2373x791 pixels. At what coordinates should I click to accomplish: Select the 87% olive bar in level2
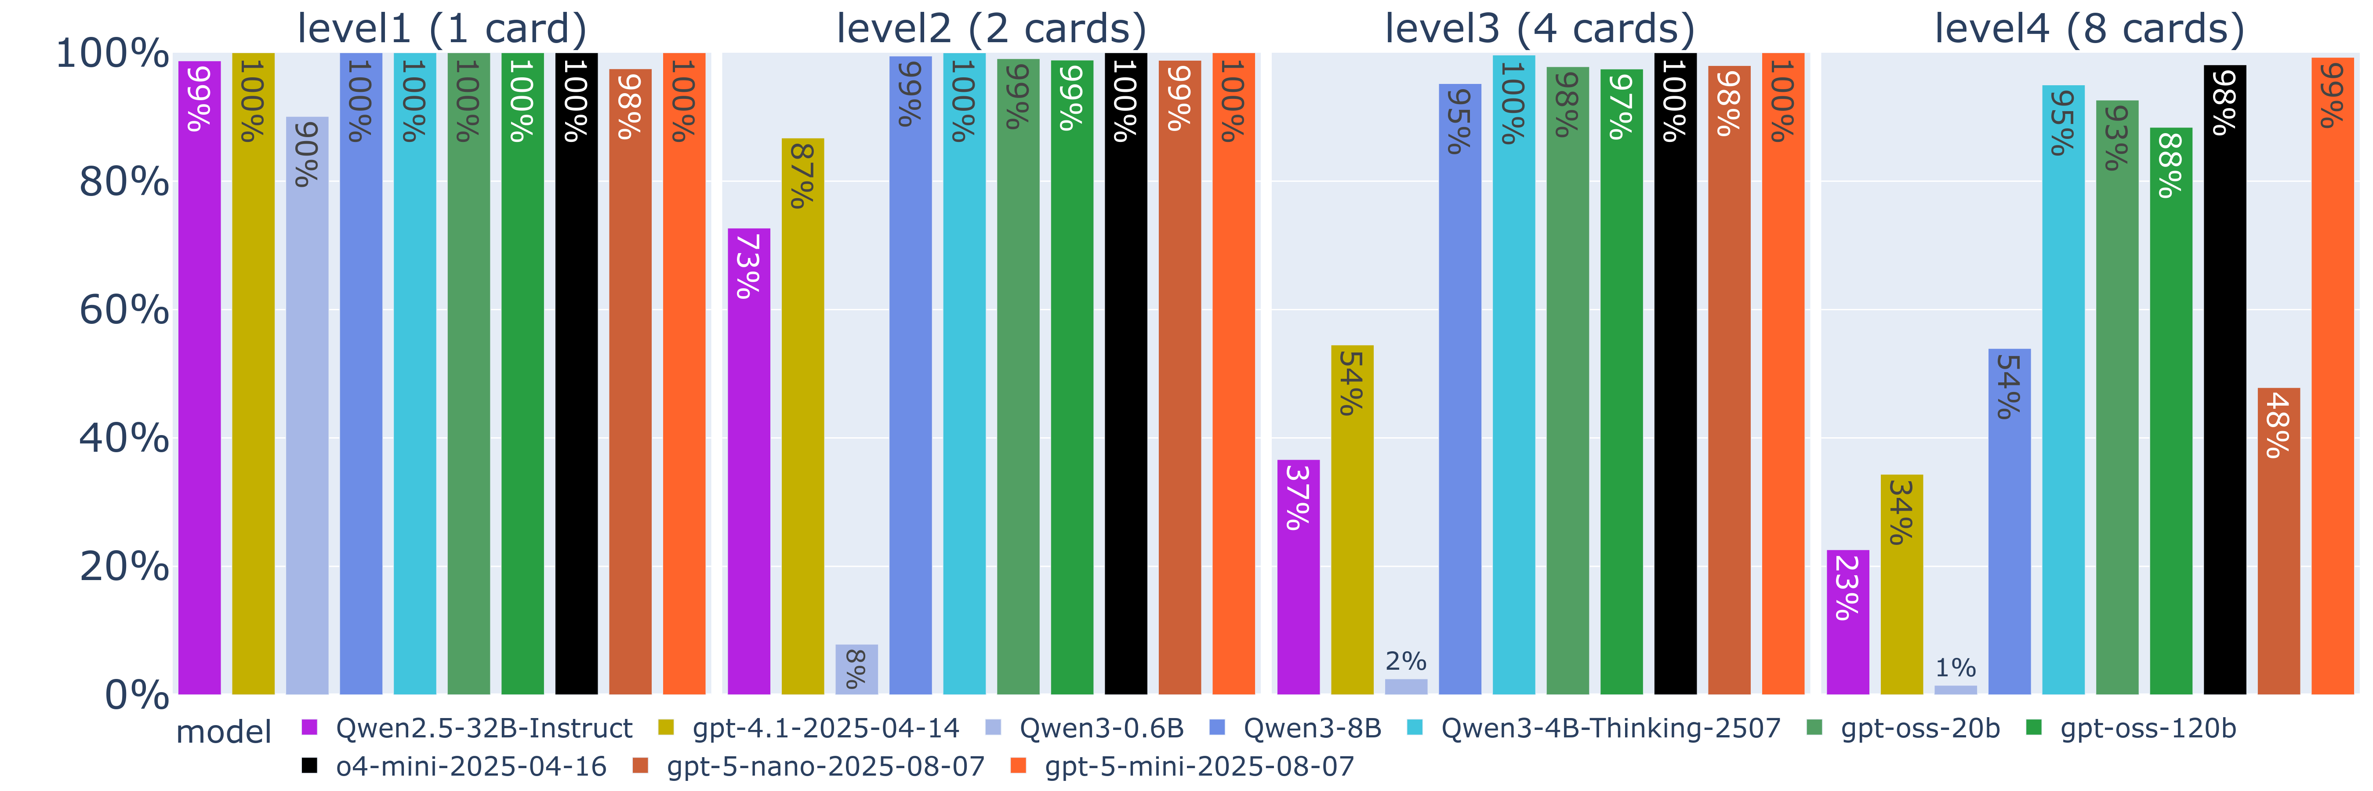[802, 416]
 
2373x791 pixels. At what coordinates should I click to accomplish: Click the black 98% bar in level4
[2224, 379]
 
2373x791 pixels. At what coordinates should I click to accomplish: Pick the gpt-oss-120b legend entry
[2132, 729]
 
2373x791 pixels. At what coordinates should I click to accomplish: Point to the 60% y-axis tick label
[124, 310]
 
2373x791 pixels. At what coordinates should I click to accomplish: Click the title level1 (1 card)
[442, 29]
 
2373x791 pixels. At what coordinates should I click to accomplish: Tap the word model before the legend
[224, 732]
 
